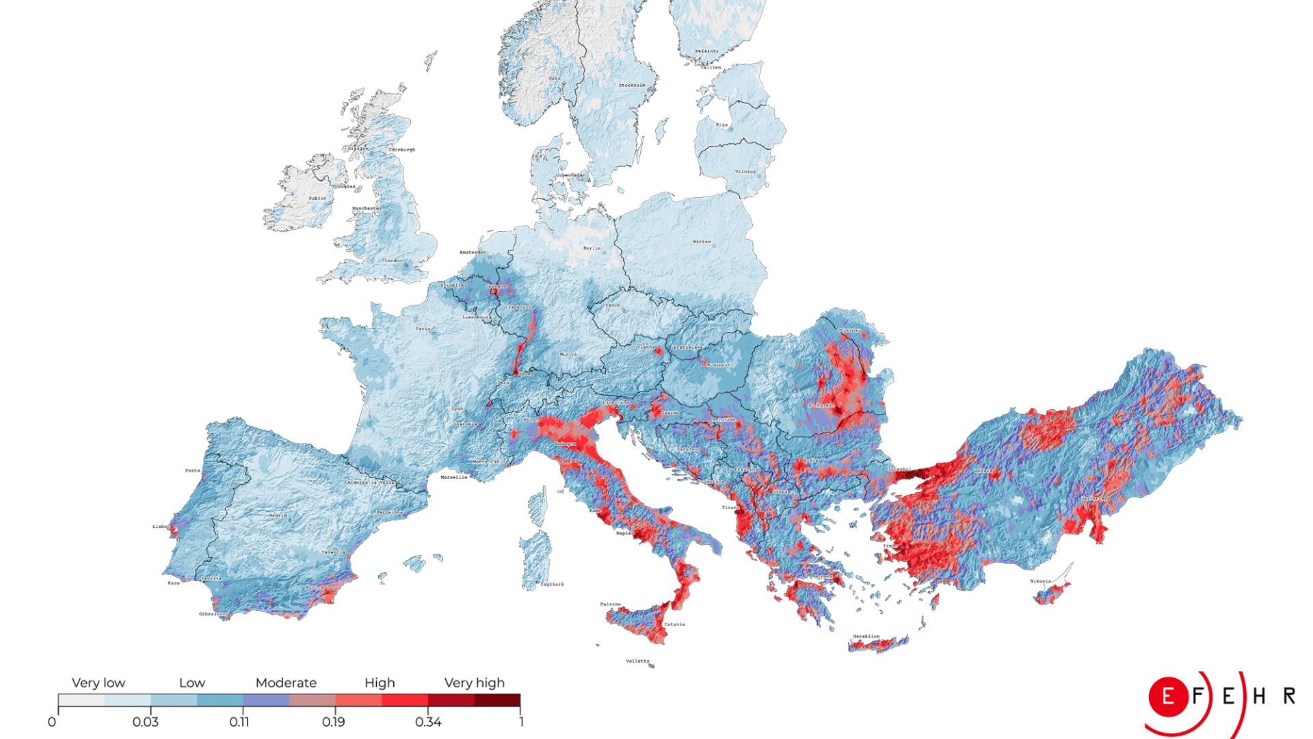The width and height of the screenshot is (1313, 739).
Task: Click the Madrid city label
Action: click(278, 515)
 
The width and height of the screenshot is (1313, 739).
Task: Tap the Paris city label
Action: click(423, 328)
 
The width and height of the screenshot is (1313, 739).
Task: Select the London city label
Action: click(393, 260)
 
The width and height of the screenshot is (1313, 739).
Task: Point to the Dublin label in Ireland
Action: click(317, 198)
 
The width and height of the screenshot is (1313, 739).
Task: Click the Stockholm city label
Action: click(632, 85)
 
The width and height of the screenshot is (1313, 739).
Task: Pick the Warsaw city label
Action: click(702, 241)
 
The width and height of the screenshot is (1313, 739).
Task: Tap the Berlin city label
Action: click(592, 248)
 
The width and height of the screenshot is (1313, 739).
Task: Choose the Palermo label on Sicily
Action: click(611, 604)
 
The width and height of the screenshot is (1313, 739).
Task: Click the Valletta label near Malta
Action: click(637, 661)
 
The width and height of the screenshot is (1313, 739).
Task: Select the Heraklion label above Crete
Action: click(866, 636)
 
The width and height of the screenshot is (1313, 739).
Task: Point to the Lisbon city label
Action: click(161, 526)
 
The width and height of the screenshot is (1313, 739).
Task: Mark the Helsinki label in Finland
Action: click(706, 51)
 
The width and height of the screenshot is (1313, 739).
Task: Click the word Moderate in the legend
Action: click(286, 683)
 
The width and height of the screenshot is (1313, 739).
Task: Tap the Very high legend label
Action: click(474, 683)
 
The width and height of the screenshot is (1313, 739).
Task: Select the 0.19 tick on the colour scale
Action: click(333, 722)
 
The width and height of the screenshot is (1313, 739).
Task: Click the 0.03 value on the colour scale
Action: click(145, 722)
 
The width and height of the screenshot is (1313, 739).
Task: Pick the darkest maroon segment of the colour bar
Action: click(497, 700)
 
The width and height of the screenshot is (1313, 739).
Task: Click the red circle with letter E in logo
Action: click(1168, 697)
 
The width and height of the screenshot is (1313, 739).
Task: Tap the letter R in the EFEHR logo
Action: click(1289, 696)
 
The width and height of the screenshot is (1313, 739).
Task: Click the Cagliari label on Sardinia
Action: click(553, 584)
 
